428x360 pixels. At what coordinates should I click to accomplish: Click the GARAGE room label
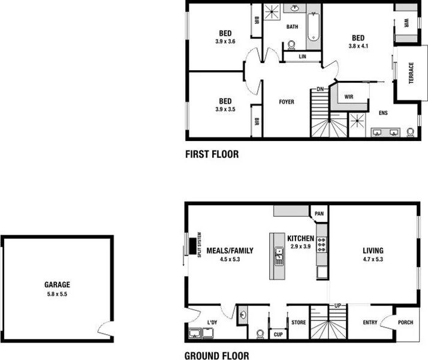[x=57, y=285]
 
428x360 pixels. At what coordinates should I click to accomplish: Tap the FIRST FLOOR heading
[x=212, y=154]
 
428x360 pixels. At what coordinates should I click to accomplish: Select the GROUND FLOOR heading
[x=217, y=355]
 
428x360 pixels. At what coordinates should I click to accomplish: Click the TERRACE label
[x=412, y=73]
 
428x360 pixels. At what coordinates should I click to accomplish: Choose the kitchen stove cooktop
[x=322, y=243]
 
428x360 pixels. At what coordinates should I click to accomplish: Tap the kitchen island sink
[x=279, y=256]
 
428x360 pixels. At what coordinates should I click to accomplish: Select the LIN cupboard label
[x=303, y=56]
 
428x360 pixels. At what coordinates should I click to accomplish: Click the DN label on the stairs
[x=321, y=89]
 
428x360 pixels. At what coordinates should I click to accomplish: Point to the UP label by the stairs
[x=337, y=306]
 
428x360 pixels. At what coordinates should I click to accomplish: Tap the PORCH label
[x=406, y=322]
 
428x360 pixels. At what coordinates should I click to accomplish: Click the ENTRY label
[x=370, y=322]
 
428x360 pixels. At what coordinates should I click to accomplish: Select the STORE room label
[x=299, y=322]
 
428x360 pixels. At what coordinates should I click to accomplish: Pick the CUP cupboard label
[x=278, y=334]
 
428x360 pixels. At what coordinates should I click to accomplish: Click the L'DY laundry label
[x=212, y=323]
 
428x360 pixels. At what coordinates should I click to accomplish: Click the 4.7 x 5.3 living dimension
[x=373, y=259]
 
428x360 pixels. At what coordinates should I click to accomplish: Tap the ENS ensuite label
[x=383, y=112]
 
